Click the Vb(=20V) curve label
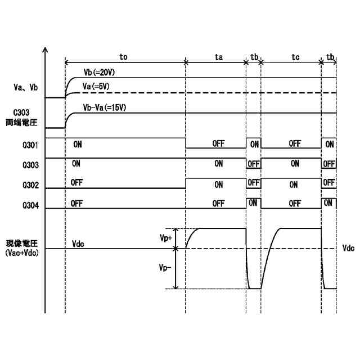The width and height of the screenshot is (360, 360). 99,73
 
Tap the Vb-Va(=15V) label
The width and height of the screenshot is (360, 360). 106,107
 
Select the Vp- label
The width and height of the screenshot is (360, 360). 165,268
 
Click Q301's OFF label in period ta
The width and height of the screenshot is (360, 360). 218,144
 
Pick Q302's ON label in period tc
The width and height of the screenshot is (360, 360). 294,184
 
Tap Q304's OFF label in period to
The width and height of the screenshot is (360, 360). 78,204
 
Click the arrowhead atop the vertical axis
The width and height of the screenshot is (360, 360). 45,49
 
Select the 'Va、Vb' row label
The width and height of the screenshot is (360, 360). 25,87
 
